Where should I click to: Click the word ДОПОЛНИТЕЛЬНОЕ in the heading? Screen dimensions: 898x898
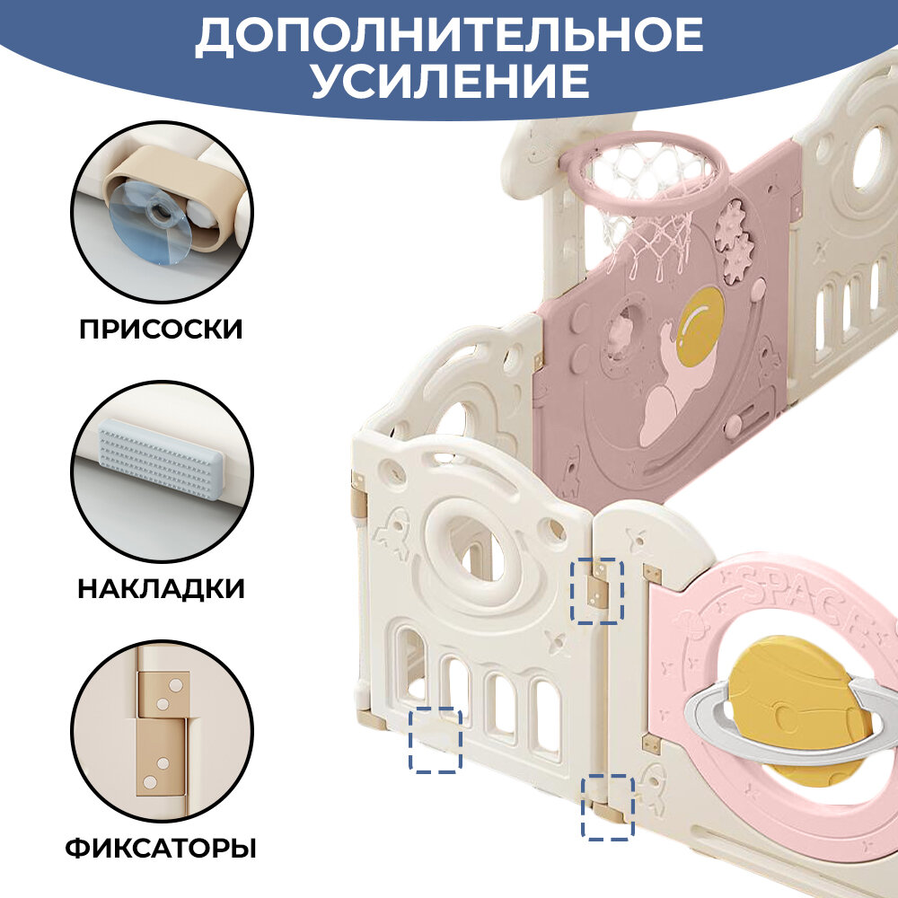tap(449, 36)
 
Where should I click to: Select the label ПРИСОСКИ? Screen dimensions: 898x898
tap(161, 329)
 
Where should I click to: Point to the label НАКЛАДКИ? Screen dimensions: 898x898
tap(161, 588)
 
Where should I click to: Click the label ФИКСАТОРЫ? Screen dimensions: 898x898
tap(161, 848)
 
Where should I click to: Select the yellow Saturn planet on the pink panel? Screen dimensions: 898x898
tap(790, 709)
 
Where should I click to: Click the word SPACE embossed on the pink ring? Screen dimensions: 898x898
tap(790, 593)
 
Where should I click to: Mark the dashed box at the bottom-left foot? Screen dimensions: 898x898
tap(436, 740)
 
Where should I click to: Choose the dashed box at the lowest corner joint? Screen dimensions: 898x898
tap(608, 807)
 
